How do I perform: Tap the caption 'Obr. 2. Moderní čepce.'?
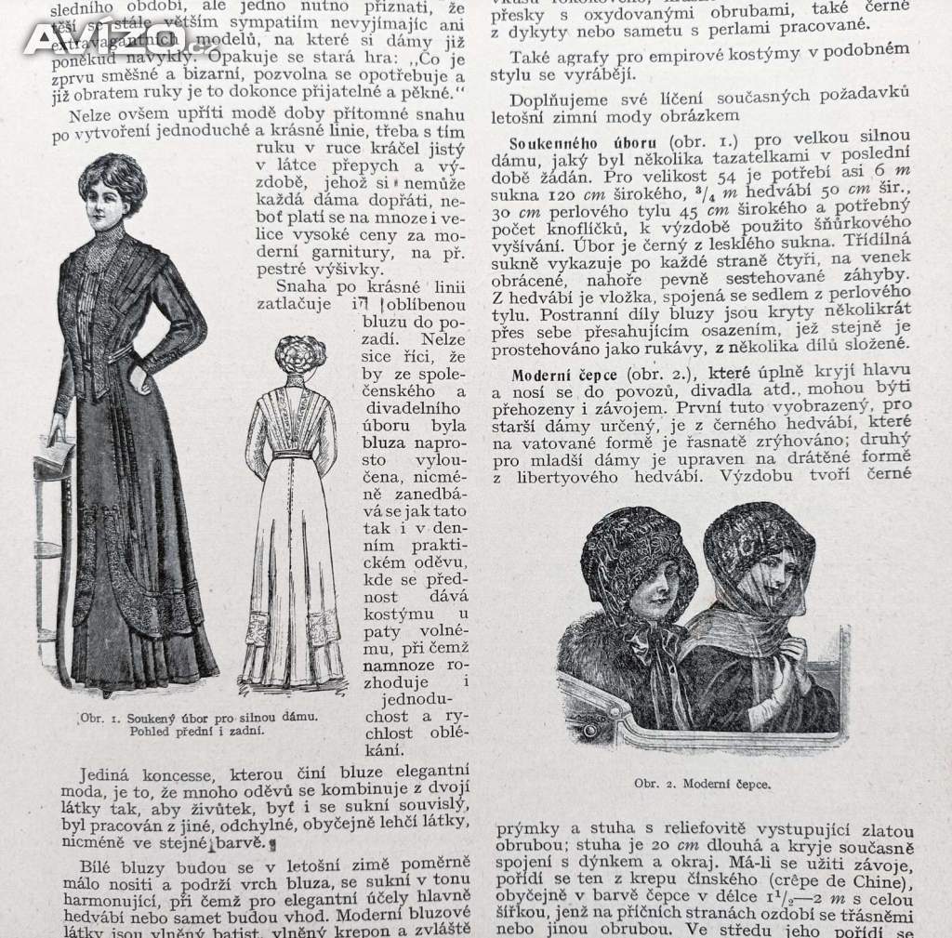pos(702,783)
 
